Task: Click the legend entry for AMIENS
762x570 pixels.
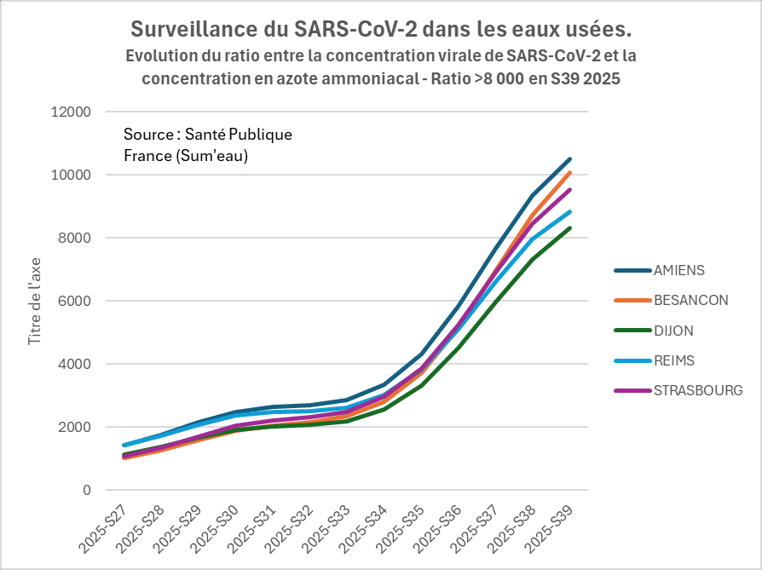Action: (678, 271)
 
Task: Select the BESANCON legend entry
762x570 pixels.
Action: (690, 301)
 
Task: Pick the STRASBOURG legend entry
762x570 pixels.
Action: (697, 391)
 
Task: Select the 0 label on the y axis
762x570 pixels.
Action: (86, 490)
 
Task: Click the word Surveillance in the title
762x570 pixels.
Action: (190, 30)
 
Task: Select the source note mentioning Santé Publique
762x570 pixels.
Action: (208, 146)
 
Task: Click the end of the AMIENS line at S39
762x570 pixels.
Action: (570, 159)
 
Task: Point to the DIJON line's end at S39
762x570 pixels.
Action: (570, 227)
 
